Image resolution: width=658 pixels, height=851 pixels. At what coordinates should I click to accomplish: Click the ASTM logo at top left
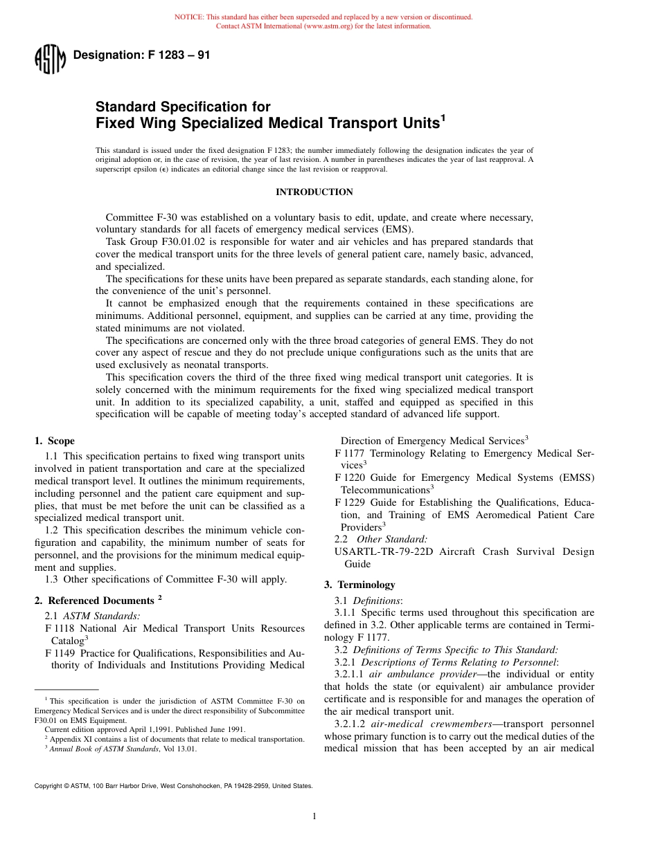tap(49, 60)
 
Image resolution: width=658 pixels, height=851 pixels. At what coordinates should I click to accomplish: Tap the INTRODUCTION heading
tap(314, 192)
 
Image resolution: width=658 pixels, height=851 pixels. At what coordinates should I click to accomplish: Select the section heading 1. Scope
tap(55, 441)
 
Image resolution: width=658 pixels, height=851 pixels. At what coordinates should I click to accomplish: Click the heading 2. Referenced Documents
tap(98, 601)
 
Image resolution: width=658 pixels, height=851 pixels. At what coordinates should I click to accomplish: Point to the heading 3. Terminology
tap(359, 585)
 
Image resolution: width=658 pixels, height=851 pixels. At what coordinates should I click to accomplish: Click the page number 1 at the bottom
tap(314, 816)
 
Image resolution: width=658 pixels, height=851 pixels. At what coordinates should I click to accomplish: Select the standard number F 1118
tap(60, 628)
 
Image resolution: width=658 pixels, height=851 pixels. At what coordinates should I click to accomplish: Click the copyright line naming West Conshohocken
tap(173, 786)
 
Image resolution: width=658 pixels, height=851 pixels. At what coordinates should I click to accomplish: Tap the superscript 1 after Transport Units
tap(443, 118)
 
